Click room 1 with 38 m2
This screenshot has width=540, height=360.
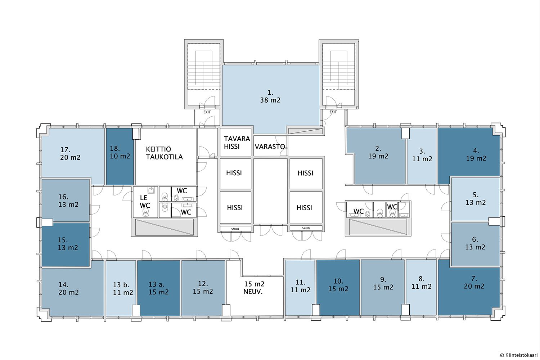pyautogui.click(x=270, y=96)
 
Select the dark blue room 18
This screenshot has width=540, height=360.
pyautogui.click(x=120, y=157)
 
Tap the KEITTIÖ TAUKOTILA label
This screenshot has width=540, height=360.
pyautogui.click(x=165, y=153)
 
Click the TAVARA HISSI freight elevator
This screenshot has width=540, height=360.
pyautogui.click(x=235, y=142)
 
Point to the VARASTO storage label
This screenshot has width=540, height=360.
pyautogui.click(x=270, y=147)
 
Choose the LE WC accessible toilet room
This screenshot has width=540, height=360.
pyautogui.click(x=145, y=202)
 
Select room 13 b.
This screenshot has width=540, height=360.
pyautogui.click(x=121, y=288)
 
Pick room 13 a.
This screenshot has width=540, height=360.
pyautogui.click(x=159, y=288)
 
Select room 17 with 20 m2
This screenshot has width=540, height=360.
pyautogui.click(x=72, y=154)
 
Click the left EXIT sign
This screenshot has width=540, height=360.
pyautogui.click(x=207, y=112)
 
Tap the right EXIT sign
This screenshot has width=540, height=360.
pyautogui.click(x=333, y=112)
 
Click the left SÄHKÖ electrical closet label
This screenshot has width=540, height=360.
pyautogui.click(x=235, y=229)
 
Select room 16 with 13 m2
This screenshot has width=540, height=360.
pyautogui.click(x=66, y=200)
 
